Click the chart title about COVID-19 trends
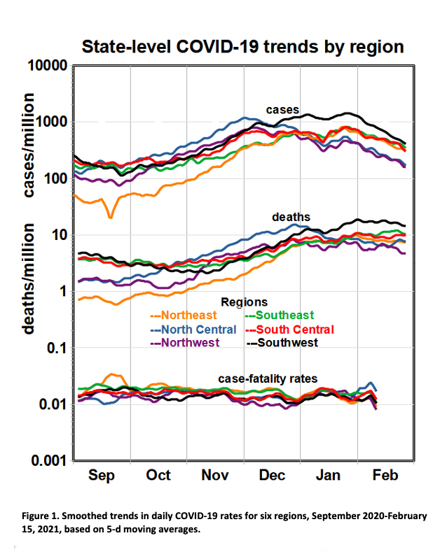tap(243, 47)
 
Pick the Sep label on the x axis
tap(102, 476)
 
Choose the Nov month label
tap(215, 476)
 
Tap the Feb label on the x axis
tap(385, 476)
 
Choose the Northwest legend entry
tap(186, 342)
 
